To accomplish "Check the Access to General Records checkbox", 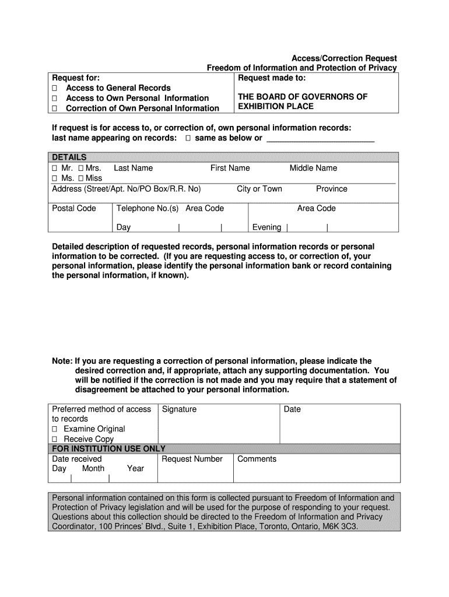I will pyautogui.click(x=55, y=88).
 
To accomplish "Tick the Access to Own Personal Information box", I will pyautogui.click(x=55, y=98).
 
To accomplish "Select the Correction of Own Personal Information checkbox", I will pyautogui.click(x=55, y=108).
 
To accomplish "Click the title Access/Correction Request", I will pyautogui.click(x=344, y=58).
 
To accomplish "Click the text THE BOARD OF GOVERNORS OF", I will pyautogui.click(x=302, y=97).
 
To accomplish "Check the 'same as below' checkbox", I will pyautogui.click(x=188, y=138).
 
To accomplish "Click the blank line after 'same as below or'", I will pyautogui.click(x=320, y=139).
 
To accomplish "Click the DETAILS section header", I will pyautogui.click(x=69, y=157).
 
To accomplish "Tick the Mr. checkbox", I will pyautogui.click(x=55, y=168).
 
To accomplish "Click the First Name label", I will pyautogui.click(x=230, y=168).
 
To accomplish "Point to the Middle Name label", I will pyautogui.click(x=313, y=168).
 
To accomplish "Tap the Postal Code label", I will pyautogui.click(x=74, y=208).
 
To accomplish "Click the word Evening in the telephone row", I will pyautogui.click(x=266, y=227).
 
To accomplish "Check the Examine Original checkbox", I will pyautogui.click(x=55, y=429).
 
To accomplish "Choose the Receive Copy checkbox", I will pyautogui.click(x=55, y=439).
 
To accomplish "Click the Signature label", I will pyautogui.click(x=179, y=409).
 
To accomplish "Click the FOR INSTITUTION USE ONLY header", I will pyautogui.click(x=109, y=448).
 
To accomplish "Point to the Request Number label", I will pyautogui.click(x=192, y=459).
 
